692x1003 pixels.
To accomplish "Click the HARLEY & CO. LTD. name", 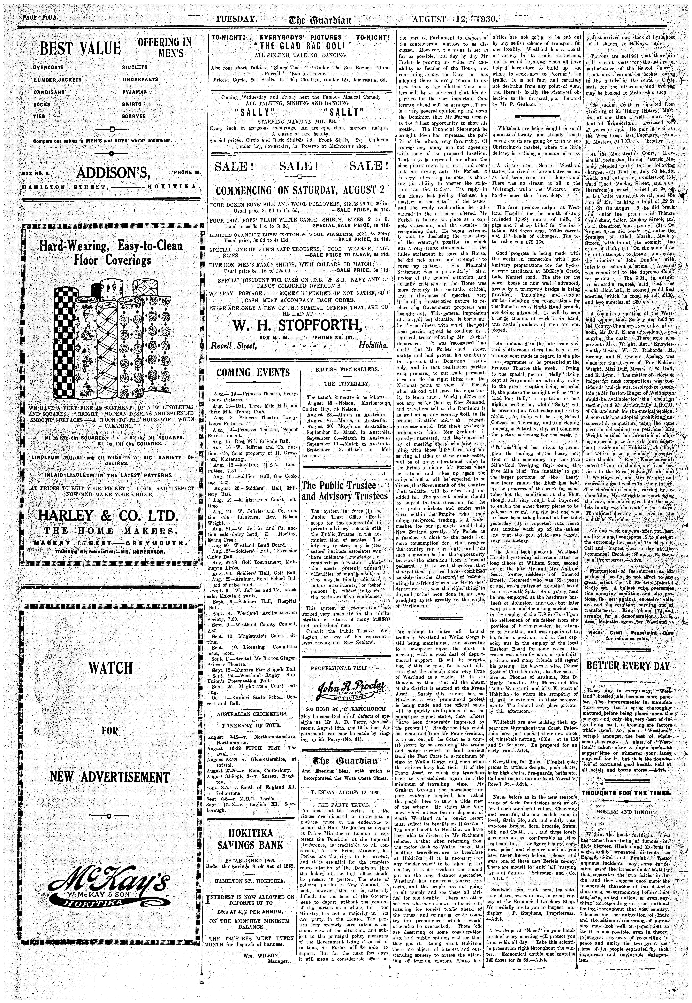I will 108,516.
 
